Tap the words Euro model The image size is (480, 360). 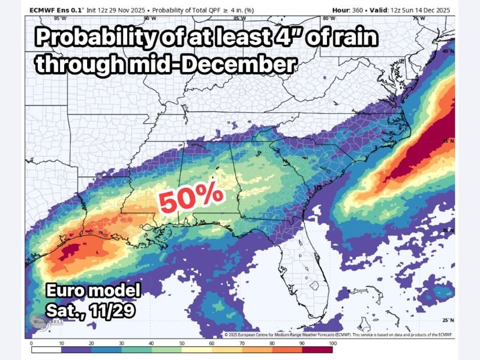tap(94, 292)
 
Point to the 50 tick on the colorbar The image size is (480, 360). tap(182, 343)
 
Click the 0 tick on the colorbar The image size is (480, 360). tap(31, 343)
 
